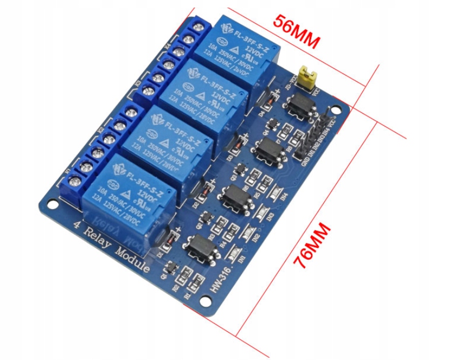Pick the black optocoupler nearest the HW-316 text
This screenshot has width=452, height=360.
pyautogui.click(x=199, y=247)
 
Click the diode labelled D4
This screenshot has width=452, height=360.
pyautogui.click(x=266, y=100)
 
